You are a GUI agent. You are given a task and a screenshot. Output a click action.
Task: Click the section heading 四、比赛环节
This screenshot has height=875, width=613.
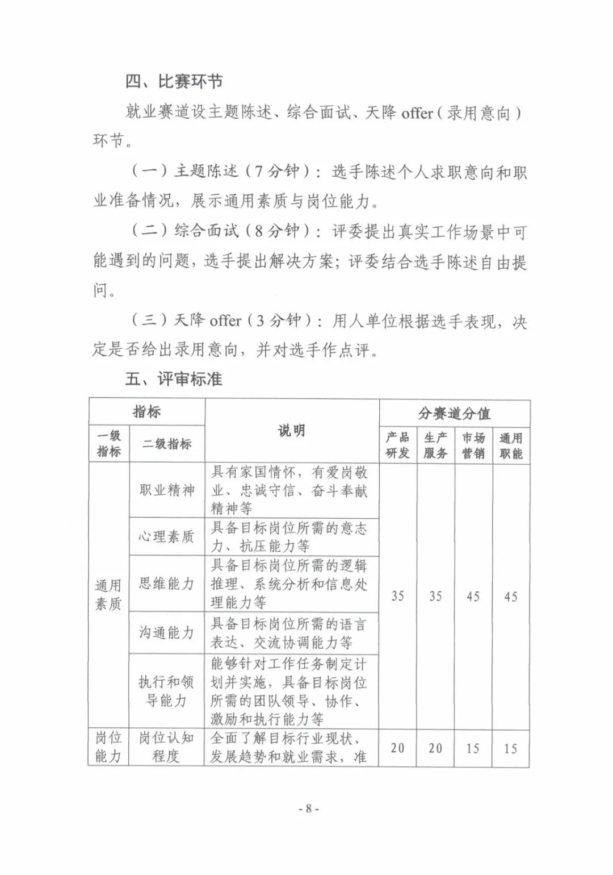[x=174, y=82]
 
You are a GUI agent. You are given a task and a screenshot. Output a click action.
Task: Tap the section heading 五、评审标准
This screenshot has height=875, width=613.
[x=174, y=378]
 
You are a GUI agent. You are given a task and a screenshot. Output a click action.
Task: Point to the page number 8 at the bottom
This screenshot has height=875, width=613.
[x=309, y=808]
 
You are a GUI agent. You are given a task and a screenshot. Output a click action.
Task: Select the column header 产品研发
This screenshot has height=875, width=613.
[x=398, y=445]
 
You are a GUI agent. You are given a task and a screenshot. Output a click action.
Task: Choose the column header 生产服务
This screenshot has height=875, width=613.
[x=435, y=445]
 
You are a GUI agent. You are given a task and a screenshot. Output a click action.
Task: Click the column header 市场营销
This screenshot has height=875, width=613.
[x=473, y=445]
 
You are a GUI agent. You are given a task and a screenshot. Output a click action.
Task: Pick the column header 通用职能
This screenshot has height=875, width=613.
[x=511, y=445]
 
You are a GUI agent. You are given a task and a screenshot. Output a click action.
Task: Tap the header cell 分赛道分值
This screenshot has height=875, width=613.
[x=454, y=413]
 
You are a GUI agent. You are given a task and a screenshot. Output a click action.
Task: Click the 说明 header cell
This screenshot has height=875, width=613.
[x=292, y=430]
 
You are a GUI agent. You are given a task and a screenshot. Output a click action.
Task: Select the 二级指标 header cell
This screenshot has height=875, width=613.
[x=167, y=444]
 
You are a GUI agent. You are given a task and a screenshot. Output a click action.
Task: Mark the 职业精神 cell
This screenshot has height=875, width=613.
[x=167, y=490]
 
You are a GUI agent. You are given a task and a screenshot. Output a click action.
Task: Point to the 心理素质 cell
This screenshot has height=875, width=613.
[x=167, y=536]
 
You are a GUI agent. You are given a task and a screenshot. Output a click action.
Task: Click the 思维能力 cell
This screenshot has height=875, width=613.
[x=167, y=584]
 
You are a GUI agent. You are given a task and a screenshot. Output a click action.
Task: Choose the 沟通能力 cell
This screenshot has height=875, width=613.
[x=167, y=632]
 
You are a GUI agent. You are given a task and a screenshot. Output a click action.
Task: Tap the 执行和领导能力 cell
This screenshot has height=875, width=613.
[x=166, y=691]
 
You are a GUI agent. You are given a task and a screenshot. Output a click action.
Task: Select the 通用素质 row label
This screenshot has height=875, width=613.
[x=108, y=594]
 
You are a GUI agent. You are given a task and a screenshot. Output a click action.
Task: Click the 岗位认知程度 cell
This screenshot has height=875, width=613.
[x=166, y=747]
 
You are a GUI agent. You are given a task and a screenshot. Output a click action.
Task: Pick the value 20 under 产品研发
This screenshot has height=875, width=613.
[x=398, y=748]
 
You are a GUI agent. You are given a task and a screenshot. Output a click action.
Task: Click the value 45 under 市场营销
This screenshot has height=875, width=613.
[x=473, y=596]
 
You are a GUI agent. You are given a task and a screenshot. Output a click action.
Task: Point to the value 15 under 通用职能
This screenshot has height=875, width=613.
[x=511, y=748]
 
